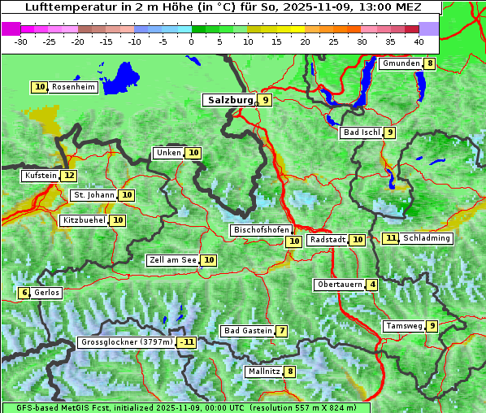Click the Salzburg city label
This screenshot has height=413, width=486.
(229, 100)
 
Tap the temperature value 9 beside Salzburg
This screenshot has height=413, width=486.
(266, 100)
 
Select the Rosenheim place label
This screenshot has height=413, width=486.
(72, 87)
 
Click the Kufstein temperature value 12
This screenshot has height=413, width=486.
(69, 175)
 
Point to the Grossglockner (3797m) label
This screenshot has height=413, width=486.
(127, 342)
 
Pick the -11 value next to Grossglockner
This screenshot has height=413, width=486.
(188, 342)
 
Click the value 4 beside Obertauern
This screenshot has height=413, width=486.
(372, 285)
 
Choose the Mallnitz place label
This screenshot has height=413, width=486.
(263, 372)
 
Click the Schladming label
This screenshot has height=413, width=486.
(427, 238)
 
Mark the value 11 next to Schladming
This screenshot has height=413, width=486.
(391, 238)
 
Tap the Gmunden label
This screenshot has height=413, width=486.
(401, 63)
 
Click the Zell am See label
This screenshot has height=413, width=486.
(173, 260)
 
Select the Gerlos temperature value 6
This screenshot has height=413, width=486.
(24, 293)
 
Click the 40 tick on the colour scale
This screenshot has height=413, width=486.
(419, 41)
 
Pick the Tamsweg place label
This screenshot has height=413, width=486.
(404, 326)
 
